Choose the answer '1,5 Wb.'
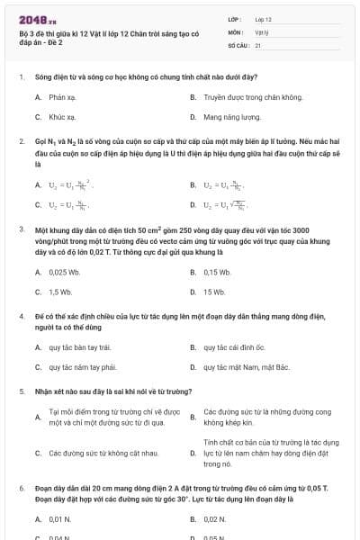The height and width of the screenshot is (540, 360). (x=60, y=292)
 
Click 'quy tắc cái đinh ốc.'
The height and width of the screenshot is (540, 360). (x=235, y=346)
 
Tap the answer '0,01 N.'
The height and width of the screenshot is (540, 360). (x=59, y=519)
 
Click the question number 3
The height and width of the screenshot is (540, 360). (x=21, y=229)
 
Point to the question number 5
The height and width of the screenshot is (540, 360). (x=21, y=391)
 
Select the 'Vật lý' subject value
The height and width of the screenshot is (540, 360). (x=262, y=31)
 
